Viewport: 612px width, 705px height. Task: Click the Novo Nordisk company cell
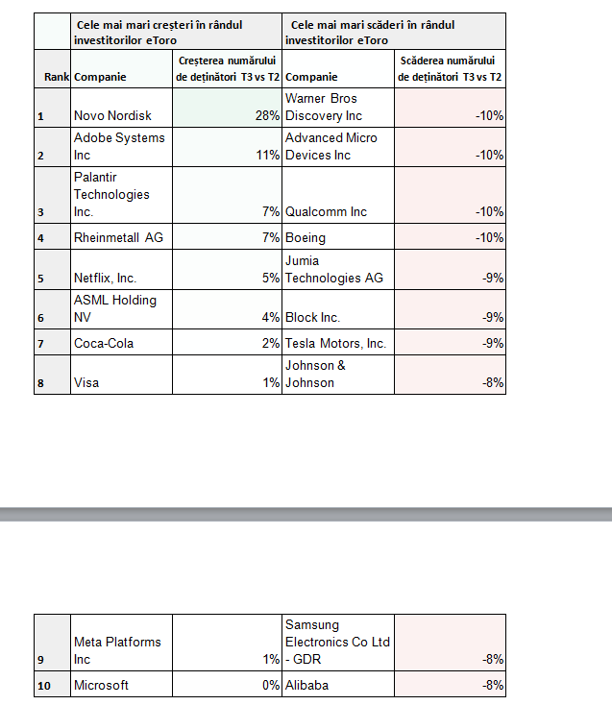point(113,116)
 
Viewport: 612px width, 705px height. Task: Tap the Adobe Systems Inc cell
point(119,146)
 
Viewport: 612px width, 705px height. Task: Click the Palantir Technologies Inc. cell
point(111,195)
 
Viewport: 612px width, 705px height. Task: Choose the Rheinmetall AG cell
point(119,237)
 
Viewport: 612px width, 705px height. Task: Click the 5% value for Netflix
point(270,279)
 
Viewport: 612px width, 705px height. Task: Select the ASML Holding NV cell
point(114,308)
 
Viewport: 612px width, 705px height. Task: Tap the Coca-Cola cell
point(104,343)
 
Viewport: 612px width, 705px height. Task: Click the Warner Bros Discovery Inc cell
point(324,108)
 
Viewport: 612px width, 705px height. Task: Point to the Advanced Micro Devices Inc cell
point(331,146)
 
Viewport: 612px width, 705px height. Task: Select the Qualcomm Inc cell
point(327,211)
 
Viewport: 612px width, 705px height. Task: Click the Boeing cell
point(306,237)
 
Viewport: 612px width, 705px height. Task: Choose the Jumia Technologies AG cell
point(333,269)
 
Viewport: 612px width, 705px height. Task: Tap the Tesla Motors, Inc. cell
point(335,343)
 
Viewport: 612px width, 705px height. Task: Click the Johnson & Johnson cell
point(315,374)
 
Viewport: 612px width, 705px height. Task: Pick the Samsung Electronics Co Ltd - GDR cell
point(337,642)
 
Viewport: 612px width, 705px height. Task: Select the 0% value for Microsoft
point(270,686)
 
